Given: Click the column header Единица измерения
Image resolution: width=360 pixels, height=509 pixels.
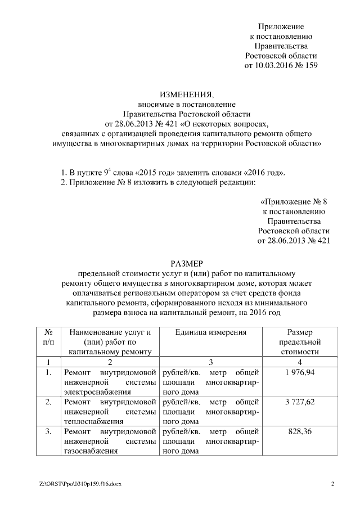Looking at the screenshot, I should [211, 332].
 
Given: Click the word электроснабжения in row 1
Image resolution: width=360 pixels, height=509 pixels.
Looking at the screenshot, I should [91, 391].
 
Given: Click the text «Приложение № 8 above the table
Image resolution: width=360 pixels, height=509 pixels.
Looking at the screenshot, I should [294, 201].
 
